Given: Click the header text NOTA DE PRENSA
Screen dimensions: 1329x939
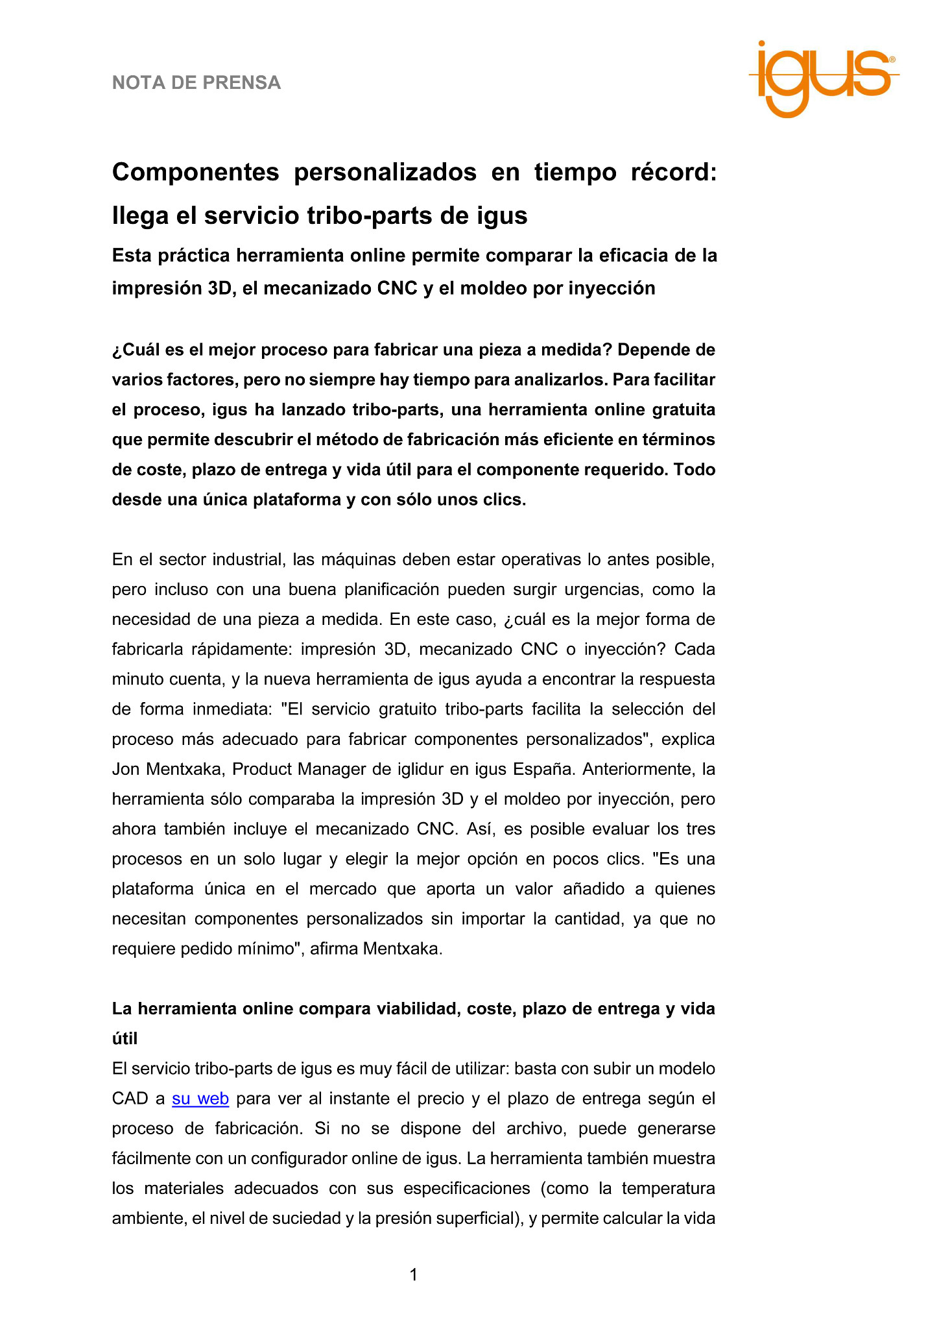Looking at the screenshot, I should coord(196,83).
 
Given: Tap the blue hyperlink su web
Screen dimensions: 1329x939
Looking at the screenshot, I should coord(200,1099).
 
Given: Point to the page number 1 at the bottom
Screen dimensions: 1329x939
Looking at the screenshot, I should coord(414,1275).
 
